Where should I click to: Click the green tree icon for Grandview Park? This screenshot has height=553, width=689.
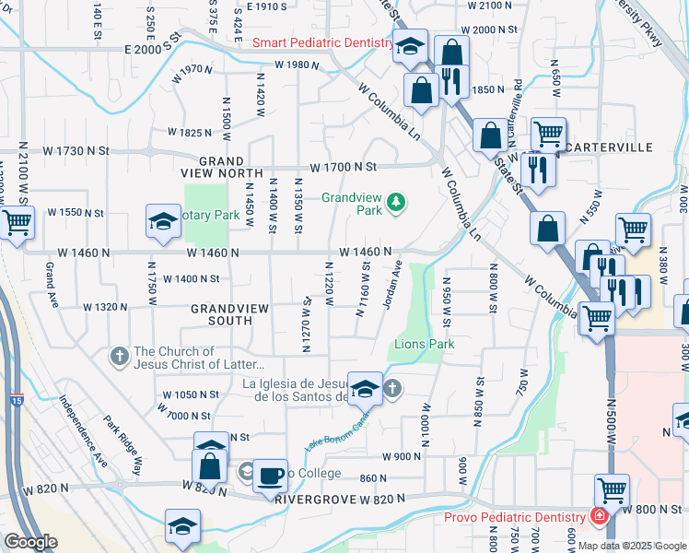[x=396, y=202]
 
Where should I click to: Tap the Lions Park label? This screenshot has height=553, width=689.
[x=425, y=344]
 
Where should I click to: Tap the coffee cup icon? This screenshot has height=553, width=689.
[x=270, y=477]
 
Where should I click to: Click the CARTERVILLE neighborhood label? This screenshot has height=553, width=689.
[x=610, y=147]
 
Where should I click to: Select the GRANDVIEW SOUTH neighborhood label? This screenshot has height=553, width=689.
[x=221, y=314]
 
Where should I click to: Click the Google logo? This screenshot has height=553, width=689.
[x=30, y=542]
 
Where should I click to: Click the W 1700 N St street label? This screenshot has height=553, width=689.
[x=344, y=168]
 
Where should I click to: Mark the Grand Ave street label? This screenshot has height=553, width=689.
[x=52, y=286]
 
